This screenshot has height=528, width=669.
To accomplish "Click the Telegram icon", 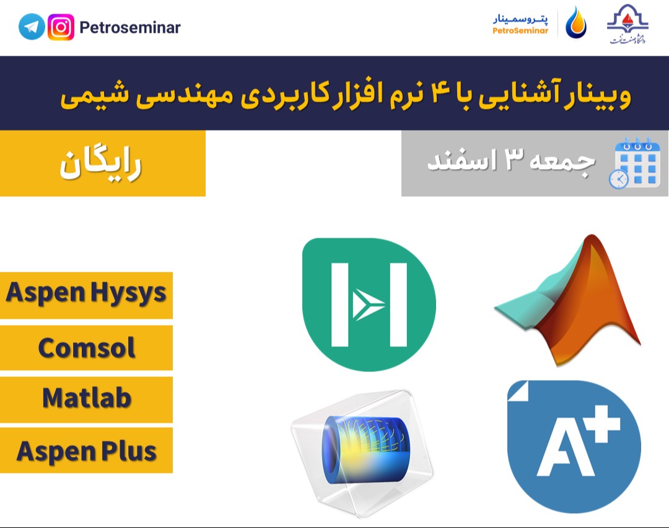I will [x=32, y=27].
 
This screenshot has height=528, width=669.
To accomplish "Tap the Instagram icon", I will [x=61, y=27].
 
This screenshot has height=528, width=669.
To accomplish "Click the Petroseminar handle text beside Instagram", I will [x=130, y=28].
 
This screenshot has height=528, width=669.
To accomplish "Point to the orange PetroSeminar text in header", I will [x=520, y=31].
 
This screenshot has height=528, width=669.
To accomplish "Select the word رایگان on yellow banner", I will [x=101, y=165].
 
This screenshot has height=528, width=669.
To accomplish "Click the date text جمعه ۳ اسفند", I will [x=512, y=162].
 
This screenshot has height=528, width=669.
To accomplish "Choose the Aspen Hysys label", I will [x=86, y=293].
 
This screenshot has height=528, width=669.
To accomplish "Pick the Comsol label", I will [x=86, y=348].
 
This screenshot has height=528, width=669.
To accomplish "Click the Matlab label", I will [x=86, y=398].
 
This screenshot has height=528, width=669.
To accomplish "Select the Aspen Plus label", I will [x=86, y=451].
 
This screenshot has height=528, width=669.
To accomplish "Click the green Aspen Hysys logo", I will [x=369, y=304].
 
